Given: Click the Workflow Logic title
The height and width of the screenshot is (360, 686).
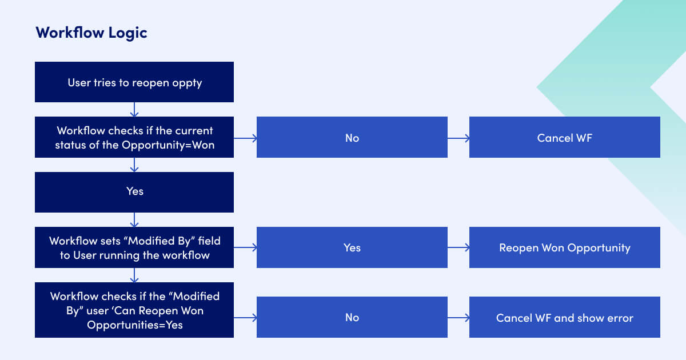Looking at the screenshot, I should pyautogui.click(x=91, y=33).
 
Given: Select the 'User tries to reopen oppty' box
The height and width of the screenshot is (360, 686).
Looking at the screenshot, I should pyautogui.click(x=134, y=82).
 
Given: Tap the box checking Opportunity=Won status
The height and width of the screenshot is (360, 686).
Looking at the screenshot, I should pyautogui.click(x=134, y=138).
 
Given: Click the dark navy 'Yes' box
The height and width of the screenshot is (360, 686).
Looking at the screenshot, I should pyautogui.click(x=134, y=192).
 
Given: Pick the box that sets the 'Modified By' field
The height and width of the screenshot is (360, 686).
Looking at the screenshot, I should pyautogui.click(x=134, y=247).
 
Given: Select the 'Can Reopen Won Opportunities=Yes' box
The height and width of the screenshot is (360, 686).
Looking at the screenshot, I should pyautogui.click(x=134, y=310).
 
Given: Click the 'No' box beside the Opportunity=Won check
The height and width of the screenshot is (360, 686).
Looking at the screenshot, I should pyautogui.click(x=352, y=138).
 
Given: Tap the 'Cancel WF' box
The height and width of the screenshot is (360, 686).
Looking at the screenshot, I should pyautogui.click(x=565, y=138).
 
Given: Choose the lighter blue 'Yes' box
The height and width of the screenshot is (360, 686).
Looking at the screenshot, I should pyautogui.click(x=352, y=247).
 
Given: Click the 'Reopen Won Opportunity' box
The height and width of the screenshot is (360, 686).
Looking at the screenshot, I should pyautogui.click(x=565, y=247).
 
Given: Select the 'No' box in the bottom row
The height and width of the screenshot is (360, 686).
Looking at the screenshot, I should pyautogui.click(x=352, y=317).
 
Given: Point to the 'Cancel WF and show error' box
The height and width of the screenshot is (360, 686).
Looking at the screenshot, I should pyautogui.click(x=565, y=317).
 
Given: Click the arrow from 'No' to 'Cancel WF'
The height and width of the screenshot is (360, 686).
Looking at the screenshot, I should pyautogui.click(x=458, y=138).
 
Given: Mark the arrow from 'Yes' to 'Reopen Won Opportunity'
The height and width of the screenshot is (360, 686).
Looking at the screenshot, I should pyautogui.click(x=458, y=247).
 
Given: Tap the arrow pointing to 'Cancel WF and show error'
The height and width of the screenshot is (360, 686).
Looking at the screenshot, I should pyautogui.click(x=458, y=317).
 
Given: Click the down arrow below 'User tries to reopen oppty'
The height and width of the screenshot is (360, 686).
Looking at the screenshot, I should pyautogui.click(x=134, y=110).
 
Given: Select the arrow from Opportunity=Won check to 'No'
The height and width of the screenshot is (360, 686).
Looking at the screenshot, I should pyautogui.click(x=245, y=138).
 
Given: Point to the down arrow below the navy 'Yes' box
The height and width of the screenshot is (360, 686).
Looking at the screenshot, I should pyautogui.click(x=134, y=220).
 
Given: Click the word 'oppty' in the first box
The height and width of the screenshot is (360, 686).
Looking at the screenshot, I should pyautogui.click(x=188, y=83).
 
